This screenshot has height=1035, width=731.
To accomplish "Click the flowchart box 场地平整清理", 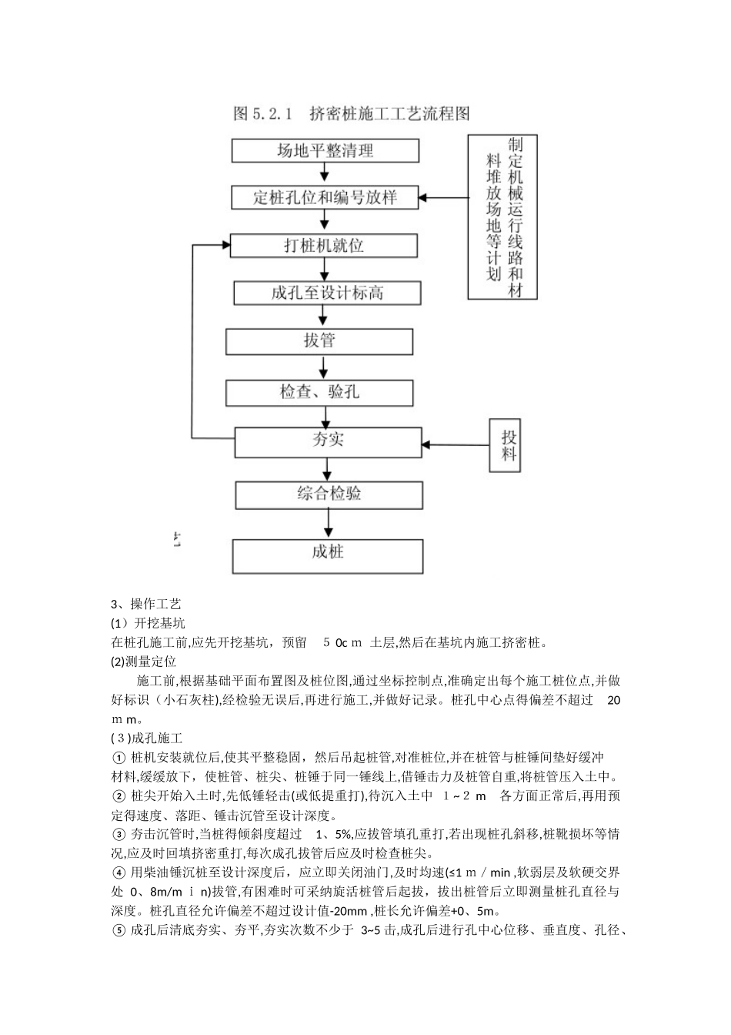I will [325, 150].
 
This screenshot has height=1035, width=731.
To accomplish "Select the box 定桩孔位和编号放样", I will [325, 197].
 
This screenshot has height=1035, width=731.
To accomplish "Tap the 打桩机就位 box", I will [324, 246].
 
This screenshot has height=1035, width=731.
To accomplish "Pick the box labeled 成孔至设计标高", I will [328, 293].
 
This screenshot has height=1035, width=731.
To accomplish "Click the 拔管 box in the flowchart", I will [319, 341].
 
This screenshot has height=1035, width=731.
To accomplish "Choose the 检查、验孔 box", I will [319, 392].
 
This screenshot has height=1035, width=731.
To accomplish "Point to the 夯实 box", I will [329, 440].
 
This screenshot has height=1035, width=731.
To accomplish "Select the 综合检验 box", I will [329, 494].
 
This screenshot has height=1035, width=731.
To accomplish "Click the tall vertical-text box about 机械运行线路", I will [502, 216].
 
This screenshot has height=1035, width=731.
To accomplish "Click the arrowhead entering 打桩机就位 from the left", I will [226, 246].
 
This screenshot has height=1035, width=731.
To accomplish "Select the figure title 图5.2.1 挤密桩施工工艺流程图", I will [352, 114].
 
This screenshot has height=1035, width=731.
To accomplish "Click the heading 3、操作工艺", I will [146, 605].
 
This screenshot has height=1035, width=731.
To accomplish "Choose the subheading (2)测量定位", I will [144, 662].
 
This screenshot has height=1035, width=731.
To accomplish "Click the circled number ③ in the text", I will [118, 834].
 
